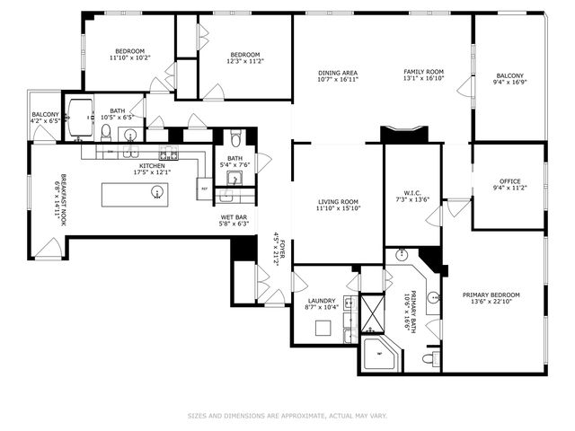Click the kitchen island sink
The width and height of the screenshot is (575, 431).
(157, 191)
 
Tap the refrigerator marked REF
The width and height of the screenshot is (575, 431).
(205, 189)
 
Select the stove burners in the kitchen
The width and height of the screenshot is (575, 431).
(168, 151)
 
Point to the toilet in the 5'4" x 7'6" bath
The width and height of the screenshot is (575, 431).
(235, 138)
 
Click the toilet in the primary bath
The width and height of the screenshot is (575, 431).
(432, 358)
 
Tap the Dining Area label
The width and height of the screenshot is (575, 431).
(338, 73)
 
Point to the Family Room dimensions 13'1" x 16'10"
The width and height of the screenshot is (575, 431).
(423, 79)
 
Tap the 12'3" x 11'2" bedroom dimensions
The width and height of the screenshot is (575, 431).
(244, 60)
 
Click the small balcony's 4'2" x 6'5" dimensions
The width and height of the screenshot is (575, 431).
(45, 120)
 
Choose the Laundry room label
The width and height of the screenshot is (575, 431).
(322, 301)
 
